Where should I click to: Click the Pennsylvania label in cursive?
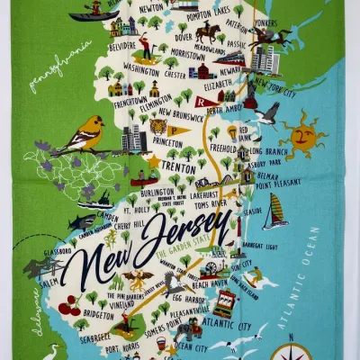point(60,66)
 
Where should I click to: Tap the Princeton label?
point(168,141)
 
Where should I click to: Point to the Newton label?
point(151,8)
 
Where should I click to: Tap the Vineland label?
point(115,305)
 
